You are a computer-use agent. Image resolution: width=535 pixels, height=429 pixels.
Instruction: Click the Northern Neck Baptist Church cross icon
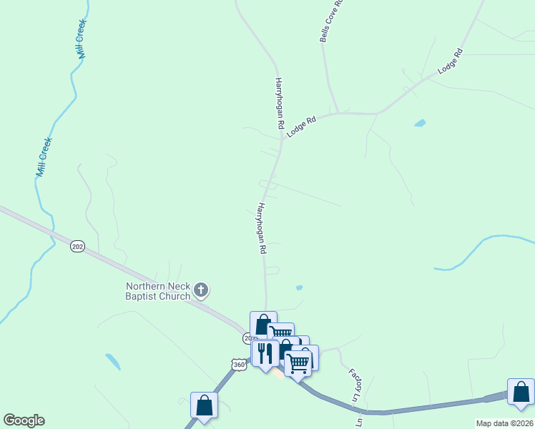[202, 290]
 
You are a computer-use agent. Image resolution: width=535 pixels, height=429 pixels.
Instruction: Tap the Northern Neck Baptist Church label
[158, 291]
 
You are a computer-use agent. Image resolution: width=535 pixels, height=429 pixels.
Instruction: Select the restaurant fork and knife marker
[265, 353]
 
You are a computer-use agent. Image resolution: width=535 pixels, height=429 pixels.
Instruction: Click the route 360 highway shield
[239, 365]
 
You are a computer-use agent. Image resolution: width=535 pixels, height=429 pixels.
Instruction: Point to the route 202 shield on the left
[78, 247]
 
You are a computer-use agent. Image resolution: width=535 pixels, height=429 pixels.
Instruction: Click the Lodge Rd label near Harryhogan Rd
[301, 127]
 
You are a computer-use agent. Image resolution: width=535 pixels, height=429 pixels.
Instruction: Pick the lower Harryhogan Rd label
[261, 230]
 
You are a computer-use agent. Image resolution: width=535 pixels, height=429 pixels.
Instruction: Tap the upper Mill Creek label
[81, 39]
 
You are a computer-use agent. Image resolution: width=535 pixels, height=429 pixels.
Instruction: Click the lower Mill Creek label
[44, 157]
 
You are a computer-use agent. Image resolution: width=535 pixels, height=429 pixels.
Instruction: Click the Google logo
[24, 420]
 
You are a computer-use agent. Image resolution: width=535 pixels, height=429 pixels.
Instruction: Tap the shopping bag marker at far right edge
[521, 392]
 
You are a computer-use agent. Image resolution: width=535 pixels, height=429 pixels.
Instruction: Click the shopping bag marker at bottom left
[205, 405]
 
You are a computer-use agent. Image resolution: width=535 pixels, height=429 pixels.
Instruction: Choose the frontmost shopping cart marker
[298, 363]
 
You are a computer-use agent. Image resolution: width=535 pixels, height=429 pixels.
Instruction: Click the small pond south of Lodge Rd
[420, 123]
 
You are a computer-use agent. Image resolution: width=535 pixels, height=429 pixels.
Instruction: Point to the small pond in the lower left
[112, 362]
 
